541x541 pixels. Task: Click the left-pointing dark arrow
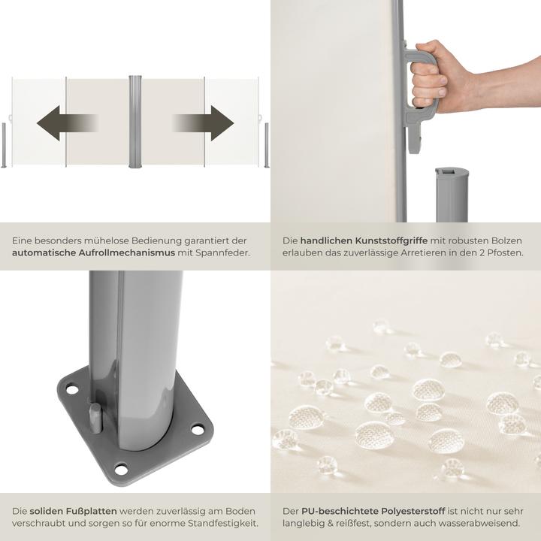click(x=66, y=123)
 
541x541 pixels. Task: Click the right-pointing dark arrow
click(x=204, y=123)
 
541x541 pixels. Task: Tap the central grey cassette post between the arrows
click(x=135, y=122)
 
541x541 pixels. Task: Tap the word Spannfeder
click(x=224, y=253)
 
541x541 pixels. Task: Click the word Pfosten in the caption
click(x=504, y=253)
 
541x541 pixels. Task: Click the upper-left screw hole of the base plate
click(x=72, y=390)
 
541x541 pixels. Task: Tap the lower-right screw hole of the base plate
click(x=198, y=430)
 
